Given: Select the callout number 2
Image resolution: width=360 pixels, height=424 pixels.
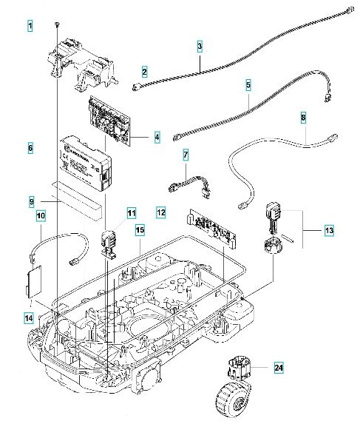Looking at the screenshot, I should [x=145, y=72].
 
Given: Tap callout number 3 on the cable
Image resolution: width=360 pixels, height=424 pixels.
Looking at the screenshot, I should [x=200, y=46].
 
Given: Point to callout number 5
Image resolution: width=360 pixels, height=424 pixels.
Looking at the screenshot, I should [x=248, y=85].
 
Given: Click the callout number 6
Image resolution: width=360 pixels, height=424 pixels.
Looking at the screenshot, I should [x=30, y=148].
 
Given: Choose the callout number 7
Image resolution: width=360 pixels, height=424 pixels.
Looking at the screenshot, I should [x=186, y=155].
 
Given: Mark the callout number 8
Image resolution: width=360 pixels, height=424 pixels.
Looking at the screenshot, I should [x=303, y=118].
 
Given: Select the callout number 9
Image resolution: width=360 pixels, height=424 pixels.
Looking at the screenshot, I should [x=32, y=201].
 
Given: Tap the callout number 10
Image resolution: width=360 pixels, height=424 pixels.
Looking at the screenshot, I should [x=41, y=216].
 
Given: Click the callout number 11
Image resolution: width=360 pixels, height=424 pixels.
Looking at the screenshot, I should [x=131, y=214].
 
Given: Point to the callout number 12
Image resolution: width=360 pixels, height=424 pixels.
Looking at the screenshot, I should [x=160, y=212].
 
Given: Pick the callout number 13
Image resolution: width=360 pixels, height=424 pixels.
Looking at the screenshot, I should [x=329, y=231].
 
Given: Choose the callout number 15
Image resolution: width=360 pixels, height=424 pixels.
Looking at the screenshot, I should [x=139, y=232].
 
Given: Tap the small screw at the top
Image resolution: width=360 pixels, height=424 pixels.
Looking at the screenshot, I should [x=56, y=24].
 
